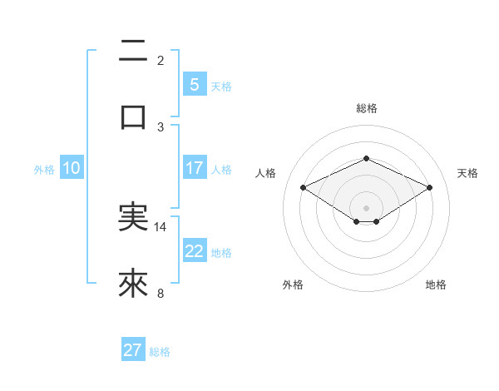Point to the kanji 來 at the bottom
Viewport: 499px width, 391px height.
tap(133, 283)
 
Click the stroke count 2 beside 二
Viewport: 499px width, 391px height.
tap(161, 60)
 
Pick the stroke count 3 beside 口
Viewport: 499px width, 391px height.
tap(161, 126)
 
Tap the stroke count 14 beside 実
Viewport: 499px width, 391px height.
tap(161, 226)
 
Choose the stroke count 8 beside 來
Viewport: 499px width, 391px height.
tap(161, 293)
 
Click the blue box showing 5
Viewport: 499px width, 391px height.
tap(194, 84)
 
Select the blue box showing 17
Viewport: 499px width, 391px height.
tap(194, 168)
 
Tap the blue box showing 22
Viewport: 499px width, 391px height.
tap(194, 251)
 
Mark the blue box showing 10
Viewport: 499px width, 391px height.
tap(72, 168)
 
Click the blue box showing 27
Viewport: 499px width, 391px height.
tap(133, 350)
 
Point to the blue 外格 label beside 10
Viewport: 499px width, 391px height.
tap(44, 169)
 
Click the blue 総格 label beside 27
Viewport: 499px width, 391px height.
tap(160, 351)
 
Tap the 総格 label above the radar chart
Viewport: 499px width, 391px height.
tap(366, 108)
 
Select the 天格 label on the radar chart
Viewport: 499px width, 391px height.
tap(467, 173)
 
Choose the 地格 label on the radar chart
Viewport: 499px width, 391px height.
tap(436, 285)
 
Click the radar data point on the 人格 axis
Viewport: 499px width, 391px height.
tap(303, 186)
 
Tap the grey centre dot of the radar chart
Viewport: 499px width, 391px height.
tap(366, 207)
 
